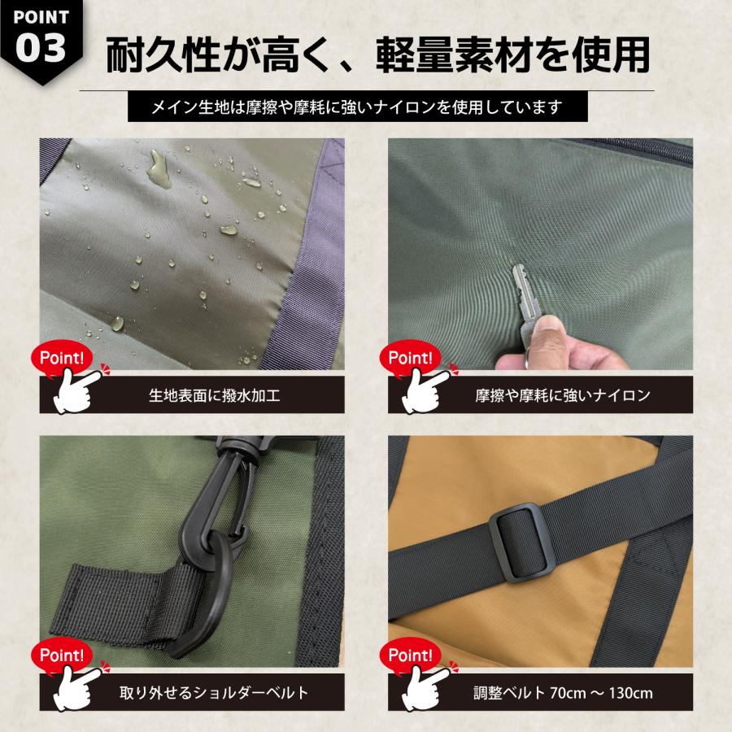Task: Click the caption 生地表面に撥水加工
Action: [215, 396]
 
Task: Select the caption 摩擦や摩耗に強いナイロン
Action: [562, 396]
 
